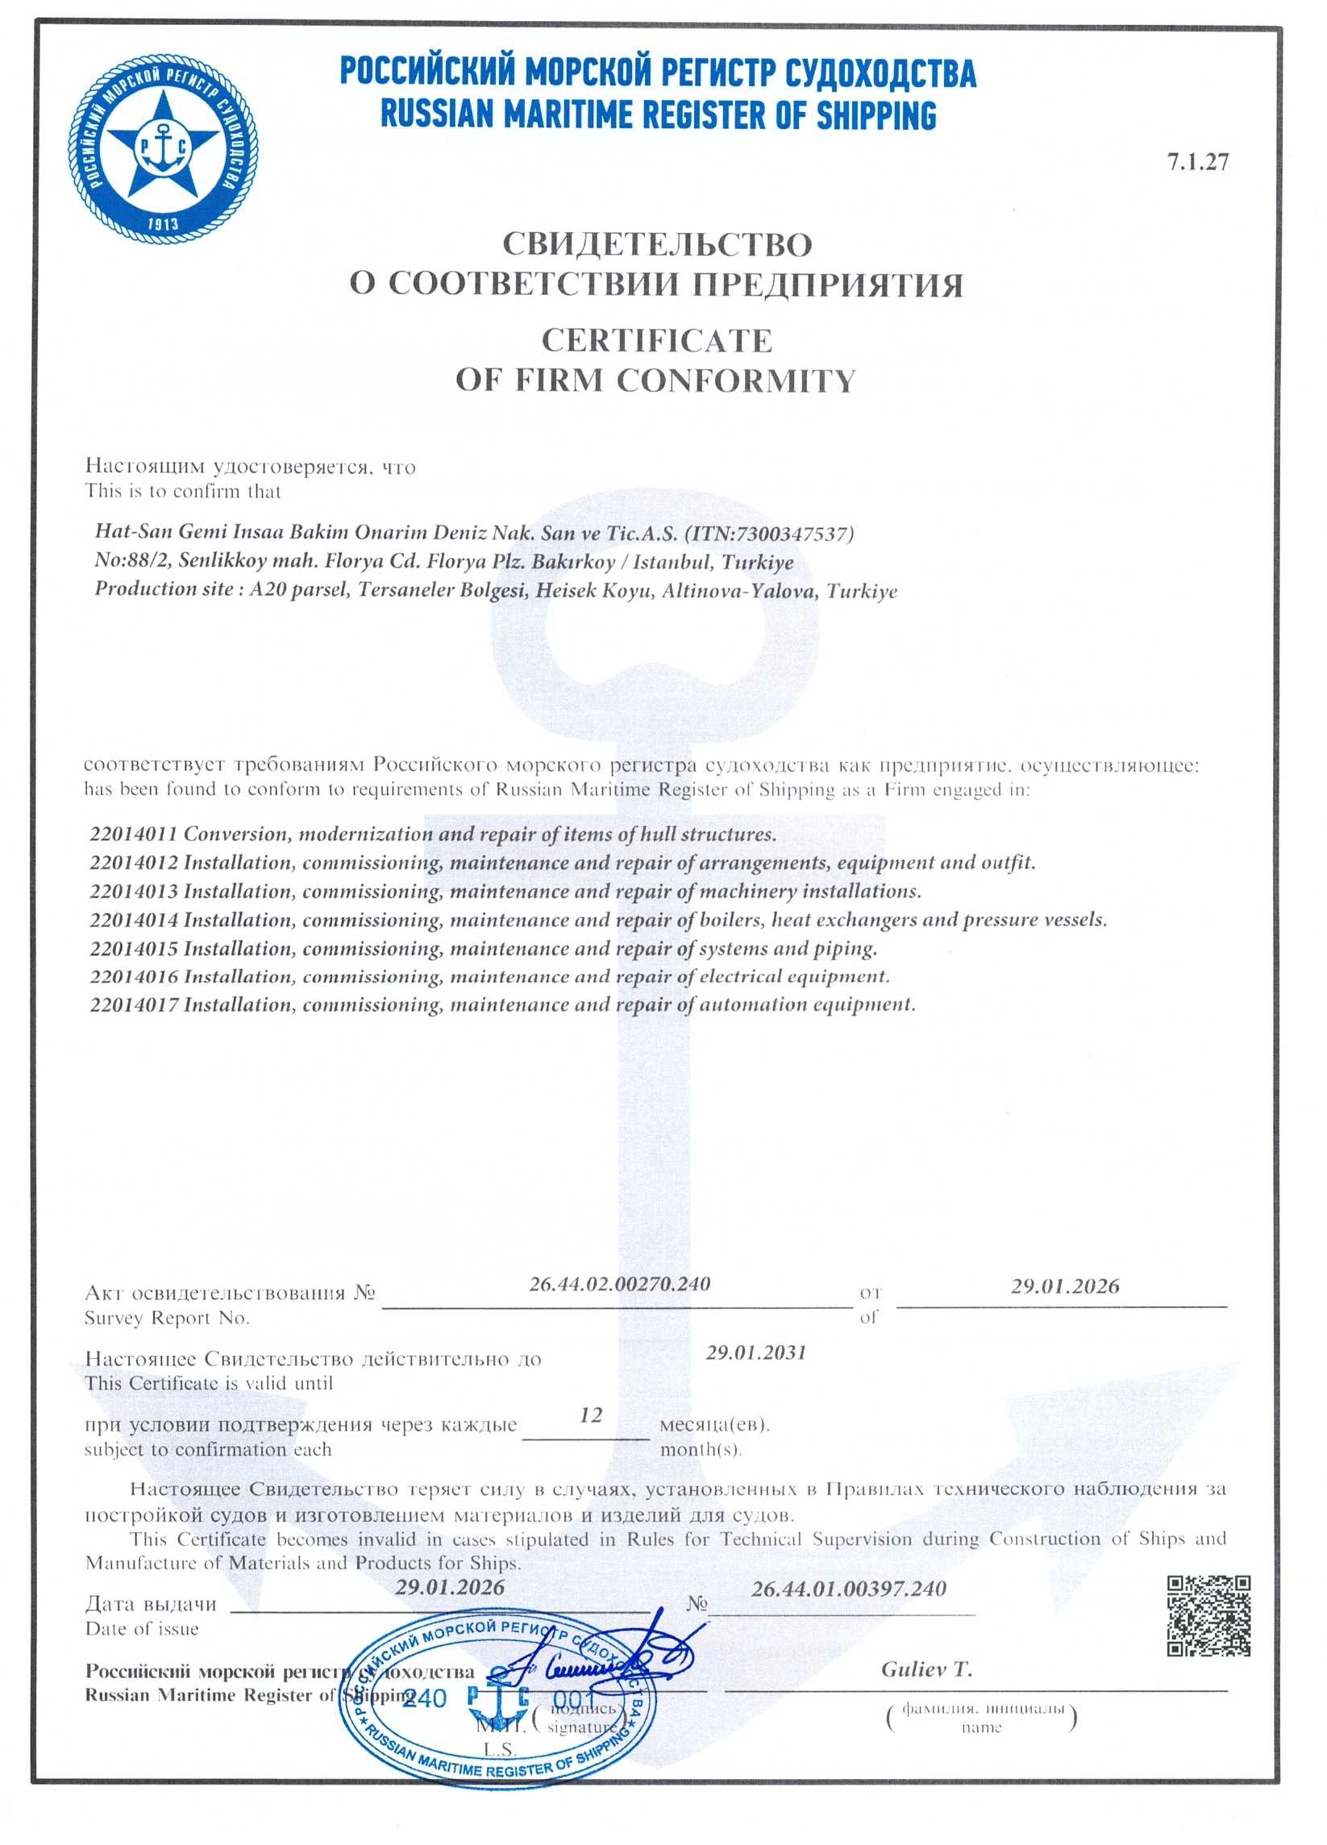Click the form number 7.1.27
pyautogui.click(x=1198, y=162)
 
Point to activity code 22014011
pyautogui.click(x=134, y=833)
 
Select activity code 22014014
pyautogui.click(x=134, y=920)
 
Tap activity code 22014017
pyautogui.click(x=134, y=1004)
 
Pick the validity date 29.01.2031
pyautogui.click(x=755, y=1353)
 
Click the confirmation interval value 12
pyautogui.click(x=591, y=1415)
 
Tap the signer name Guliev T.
pyautogui.click(x=926, y=1669)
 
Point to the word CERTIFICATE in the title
pyautogui.click(x=656, y=340)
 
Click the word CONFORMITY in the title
pyautogui.click(x=735, y=380)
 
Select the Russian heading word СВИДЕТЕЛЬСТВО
pyautogui.click(x=656, y=244)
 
